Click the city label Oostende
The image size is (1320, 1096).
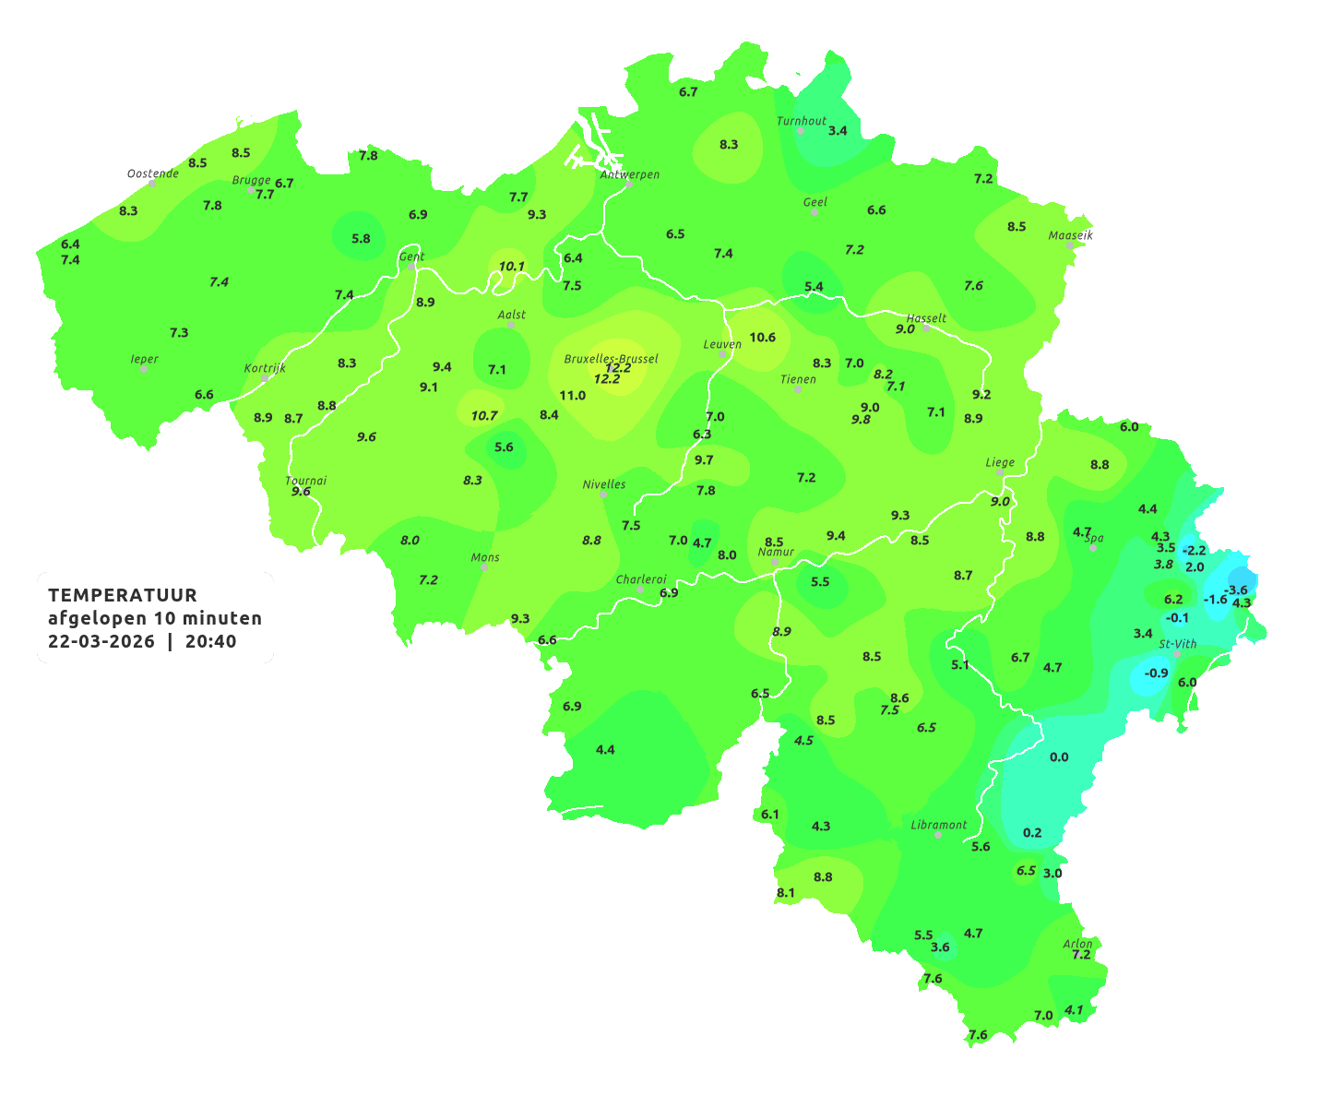tap(152, 173)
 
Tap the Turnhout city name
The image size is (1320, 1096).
tap(802, 121)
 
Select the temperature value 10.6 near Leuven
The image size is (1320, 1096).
tap(762, 337)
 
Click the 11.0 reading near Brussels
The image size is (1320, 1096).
tap(572, 395)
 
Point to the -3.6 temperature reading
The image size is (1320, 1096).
tap(1235, 590)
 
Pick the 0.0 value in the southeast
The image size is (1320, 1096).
tap(1059, 756)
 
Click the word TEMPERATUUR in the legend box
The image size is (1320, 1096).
tap(123, 595)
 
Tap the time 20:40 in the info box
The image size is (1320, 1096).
tap(210, 641)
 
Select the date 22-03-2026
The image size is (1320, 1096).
tap(101, 641)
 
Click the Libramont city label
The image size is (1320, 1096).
tap(938, 825)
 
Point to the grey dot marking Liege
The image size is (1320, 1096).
tap(999, 472)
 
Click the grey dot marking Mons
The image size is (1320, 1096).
tap(484, 567)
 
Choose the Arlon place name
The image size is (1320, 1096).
tap(1077, 943)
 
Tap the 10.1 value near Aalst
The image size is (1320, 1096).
tap(511, 267)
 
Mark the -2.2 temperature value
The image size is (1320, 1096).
tap(1194, 550)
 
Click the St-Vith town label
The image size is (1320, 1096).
tap(1177, 644)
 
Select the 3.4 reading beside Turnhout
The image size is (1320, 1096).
tap(837, 130)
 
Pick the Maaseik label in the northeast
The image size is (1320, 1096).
tap(1070, 235)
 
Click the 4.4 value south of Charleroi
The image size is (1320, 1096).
tap(605, 749)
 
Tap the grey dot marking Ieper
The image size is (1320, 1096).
tap(143, 368)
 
